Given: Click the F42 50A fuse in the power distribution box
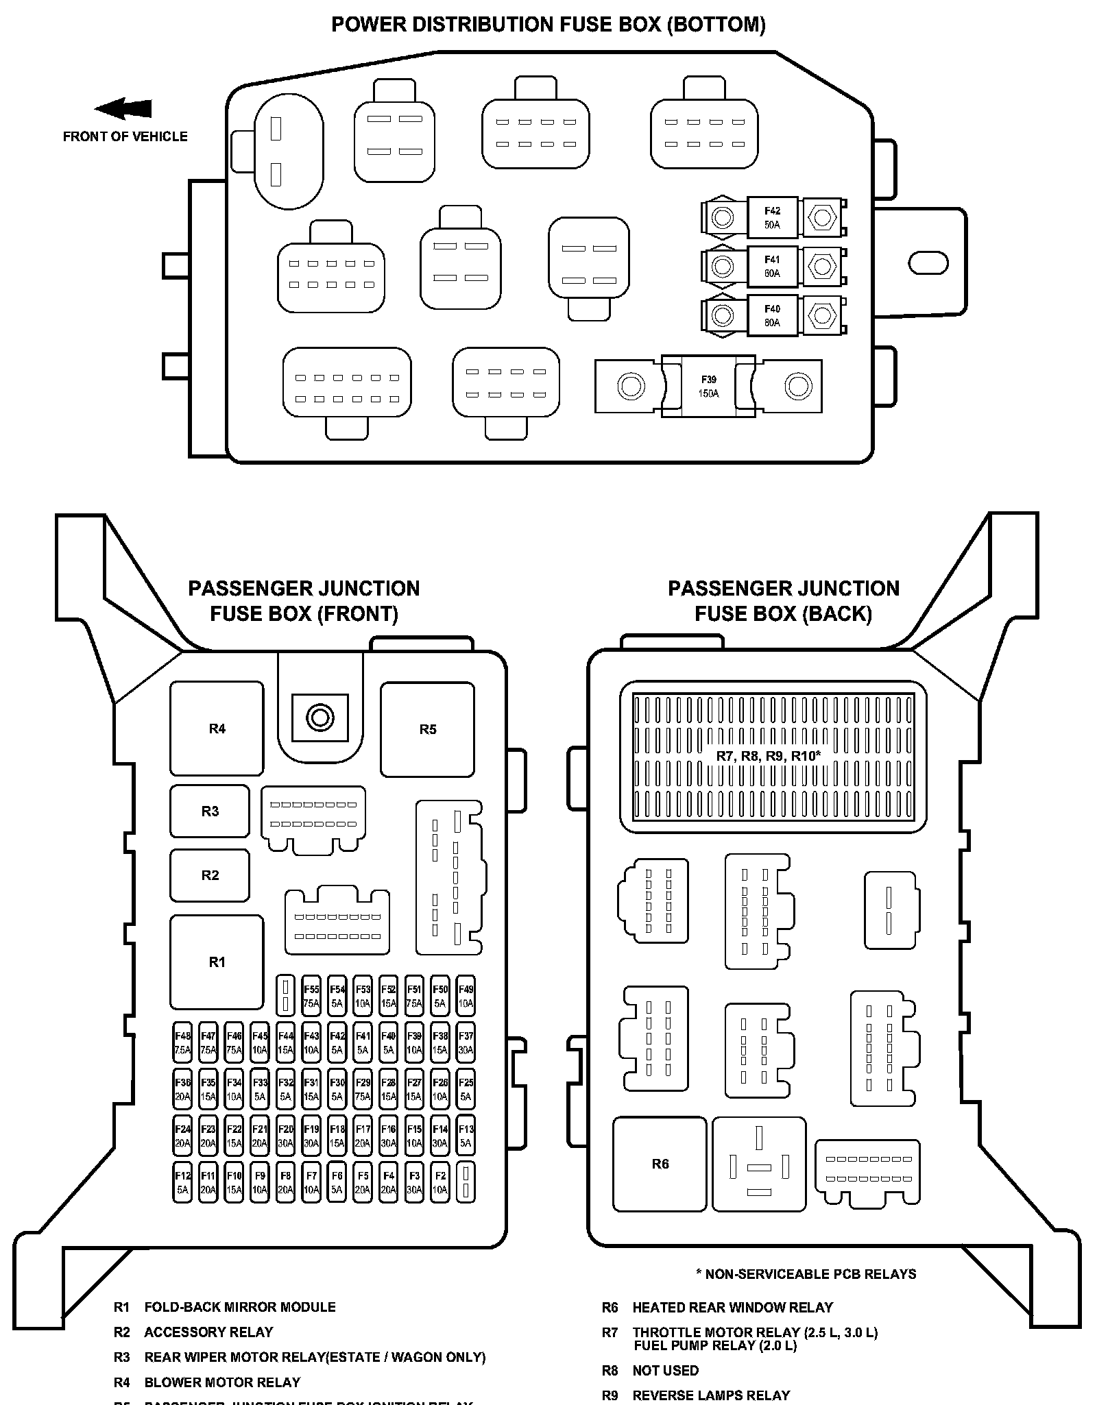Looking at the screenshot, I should click(x=772, y=218).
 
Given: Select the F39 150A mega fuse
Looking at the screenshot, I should click(x=708, y=387).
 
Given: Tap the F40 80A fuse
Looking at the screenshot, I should click(x=772, y=315).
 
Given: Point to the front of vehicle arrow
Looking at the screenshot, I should click(x=123, y=108).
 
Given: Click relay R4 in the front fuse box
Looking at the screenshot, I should click(x=217, y=729).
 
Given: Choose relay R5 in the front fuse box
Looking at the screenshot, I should click(x=427, y=729).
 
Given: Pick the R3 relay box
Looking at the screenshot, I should click(x=210, y=811).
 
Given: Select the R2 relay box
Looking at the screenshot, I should click(x=210, y=875).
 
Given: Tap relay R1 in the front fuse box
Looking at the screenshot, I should click(x=217, y=962).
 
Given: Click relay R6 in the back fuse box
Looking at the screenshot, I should click(x=660, y=1164).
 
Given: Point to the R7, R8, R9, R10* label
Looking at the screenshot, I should click(x=768, y=756).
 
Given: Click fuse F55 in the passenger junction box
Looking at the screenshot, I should click(x=311, y=996).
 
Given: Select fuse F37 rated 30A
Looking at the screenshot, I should click(x=466, y=1042).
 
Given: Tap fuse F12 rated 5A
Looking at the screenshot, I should click(x=182, y=1182).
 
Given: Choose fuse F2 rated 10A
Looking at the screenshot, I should click(x=440, y=1182).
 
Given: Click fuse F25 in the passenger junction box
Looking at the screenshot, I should click(x=466, y=1089).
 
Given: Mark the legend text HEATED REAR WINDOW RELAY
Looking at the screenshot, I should click(x=732, y=1307).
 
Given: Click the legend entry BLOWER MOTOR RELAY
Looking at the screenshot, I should click(x=222, y=1382).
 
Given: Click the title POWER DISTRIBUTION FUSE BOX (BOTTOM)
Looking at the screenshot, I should click(x=548, y=25).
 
